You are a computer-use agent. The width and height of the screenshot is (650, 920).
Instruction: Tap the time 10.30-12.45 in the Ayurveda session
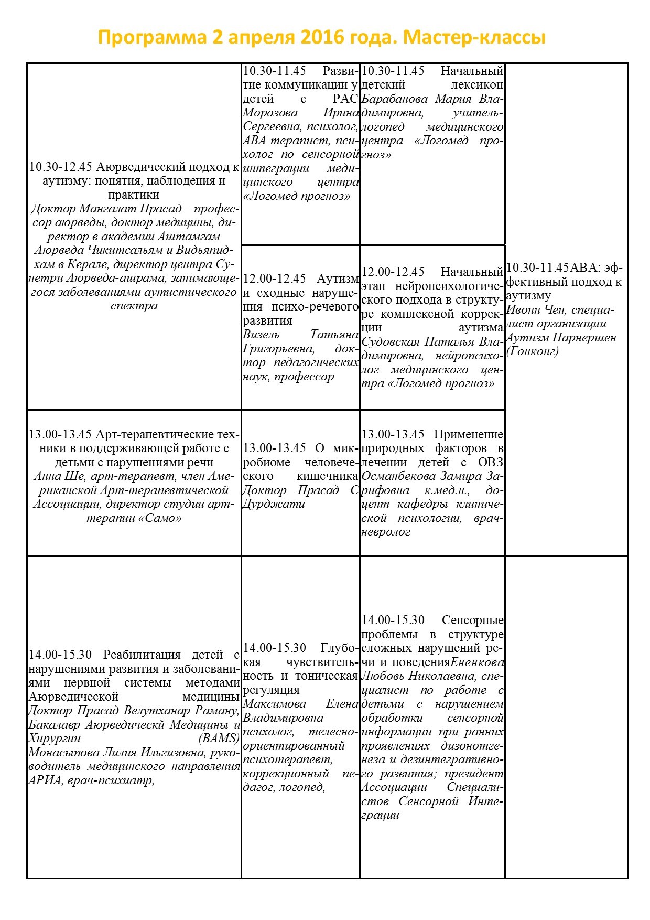coord(61,167)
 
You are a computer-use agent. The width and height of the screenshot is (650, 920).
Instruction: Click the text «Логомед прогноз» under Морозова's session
coord(297,196)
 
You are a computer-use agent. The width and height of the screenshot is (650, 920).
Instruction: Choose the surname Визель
coord(261,335)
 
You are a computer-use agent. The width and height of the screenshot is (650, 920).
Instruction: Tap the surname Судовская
coord(391,342)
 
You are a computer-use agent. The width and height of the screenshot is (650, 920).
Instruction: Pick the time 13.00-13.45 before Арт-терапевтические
coord(61,435)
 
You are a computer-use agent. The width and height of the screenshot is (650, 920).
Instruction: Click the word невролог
coord(386,532)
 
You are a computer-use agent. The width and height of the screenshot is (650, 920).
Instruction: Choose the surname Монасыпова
coord(62,753)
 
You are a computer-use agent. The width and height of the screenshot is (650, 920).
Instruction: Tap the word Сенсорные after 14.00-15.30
coord(473,620)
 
